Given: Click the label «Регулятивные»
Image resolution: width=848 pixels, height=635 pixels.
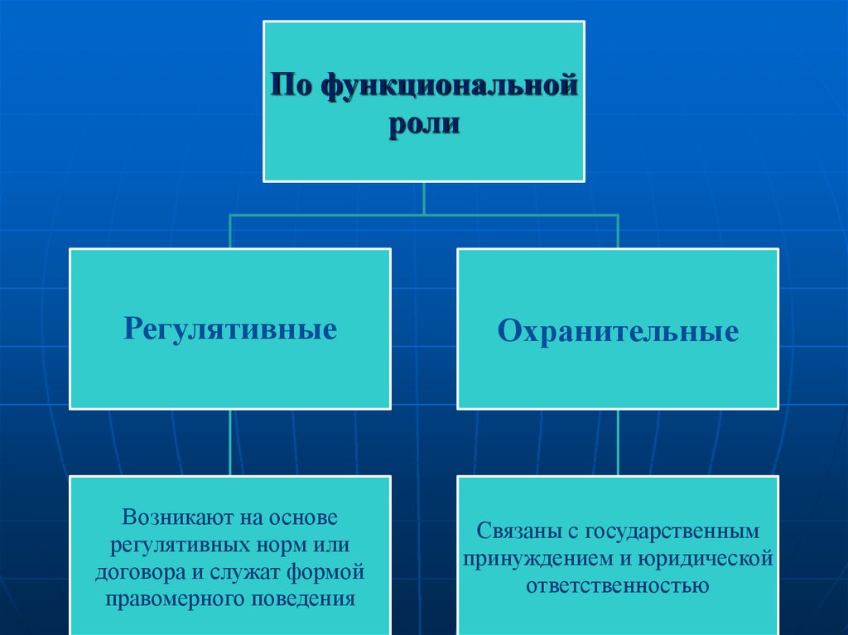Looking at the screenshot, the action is click(x=230, y=329).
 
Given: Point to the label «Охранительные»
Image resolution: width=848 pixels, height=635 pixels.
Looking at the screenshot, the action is click(x=618, y=332).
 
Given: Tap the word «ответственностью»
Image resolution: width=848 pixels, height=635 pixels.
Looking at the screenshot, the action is click(x=617, y=586).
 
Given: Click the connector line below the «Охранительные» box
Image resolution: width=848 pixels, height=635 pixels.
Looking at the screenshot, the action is click(x=618, y=442).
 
